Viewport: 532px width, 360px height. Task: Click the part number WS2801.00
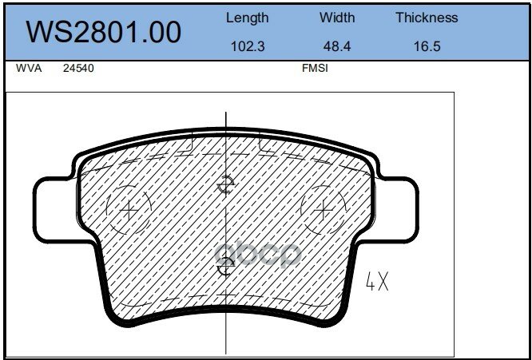(x=104, y=32)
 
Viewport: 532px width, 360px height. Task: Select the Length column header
(x=248, y=18)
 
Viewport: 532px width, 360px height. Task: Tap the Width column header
(x=337, y=18)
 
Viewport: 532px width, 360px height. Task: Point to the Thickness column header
(x=427, y=18)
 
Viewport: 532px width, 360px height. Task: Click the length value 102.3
(x=248, y=46)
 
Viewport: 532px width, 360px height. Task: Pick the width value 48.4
(x=337, y=46)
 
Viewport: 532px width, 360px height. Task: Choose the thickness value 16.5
(x=427, y=46)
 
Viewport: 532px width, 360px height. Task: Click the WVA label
(x=29, y=69)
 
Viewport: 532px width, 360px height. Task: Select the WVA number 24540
(x=78, y=69)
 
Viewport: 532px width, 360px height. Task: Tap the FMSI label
(x=315, y=69)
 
